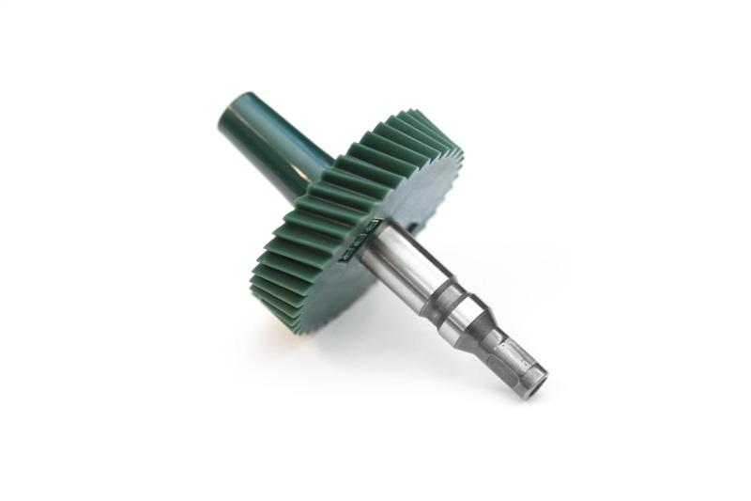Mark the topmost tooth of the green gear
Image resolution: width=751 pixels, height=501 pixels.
pyautogui.click(x=413, y=117)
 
